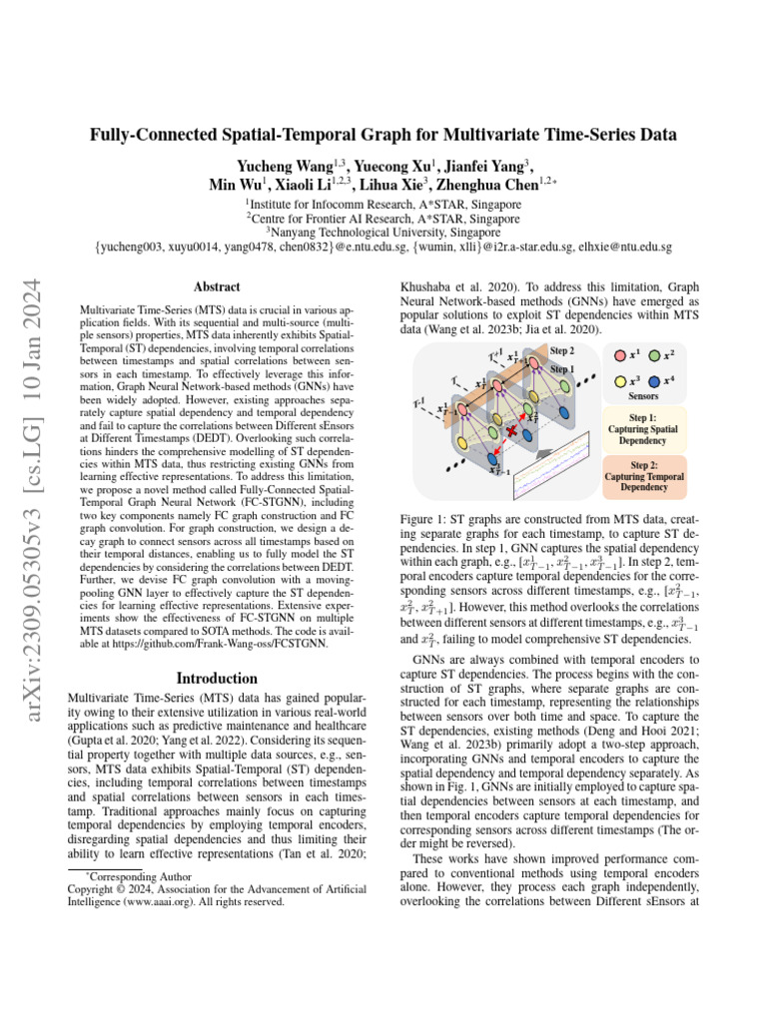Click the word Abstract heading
[216, 285]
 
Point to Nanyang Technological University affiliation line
[383, 232]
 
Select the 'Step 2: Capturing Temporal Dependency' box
[642, 476]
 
